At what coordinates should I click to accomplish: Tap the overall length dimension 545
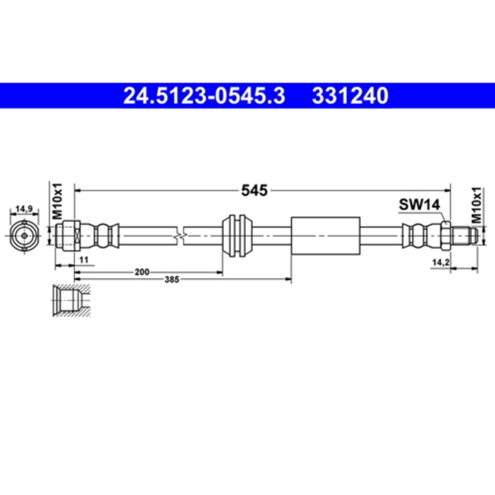(x=254, y=190)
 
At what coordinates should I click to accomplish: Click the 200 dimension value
(x=142, y=272)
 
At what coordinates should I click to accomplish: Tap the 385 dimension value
(x=171, y=280)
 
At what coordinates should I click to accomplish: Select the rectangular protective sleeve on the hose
(x=325, y=235)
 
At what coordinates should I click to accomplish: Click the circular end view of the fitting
(x=24, y=235)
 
